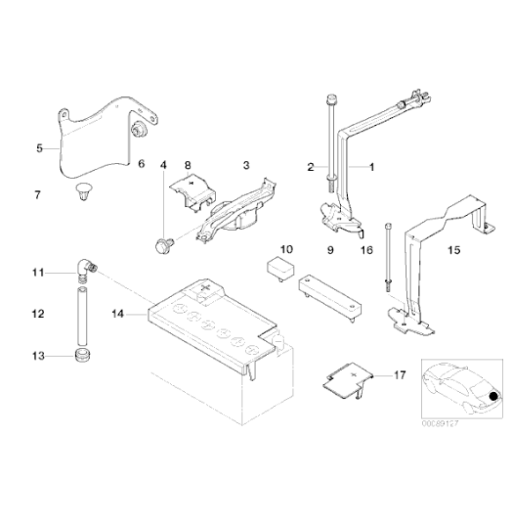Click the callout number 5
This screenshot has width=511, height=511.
(39, 148)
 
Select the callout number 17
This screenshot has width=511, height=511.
(399, 374)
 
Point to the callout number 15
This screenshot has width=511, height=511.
(453, 250)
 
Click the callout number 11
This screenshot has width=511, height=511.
(38, 274)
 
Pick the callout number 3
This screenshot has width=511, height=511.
(247, 165)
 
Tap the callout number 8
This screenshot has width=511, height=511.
(187, 165)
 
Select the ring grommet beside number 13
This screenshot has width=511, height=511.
(80, 356)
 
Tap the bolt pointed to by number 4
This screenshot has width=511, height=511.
(162, 246)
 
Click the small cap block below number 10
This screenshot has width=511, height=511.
(281, 268)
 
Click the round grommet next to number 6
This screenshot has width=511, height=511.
(137, 130)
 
